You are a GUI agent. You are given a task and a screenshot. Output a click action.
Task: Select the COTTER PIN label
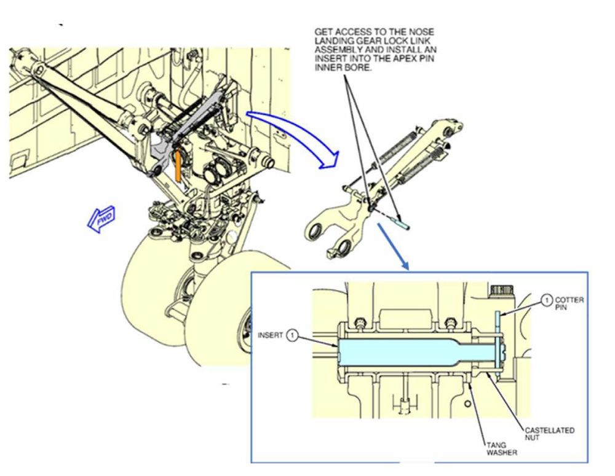point(569,303)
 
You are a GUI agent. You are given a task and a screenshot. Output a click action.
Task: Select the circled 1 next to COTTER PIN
point(546,300)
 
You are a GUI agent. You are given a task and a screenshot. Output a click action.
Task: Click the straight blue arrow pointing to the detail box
point(393,246)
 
